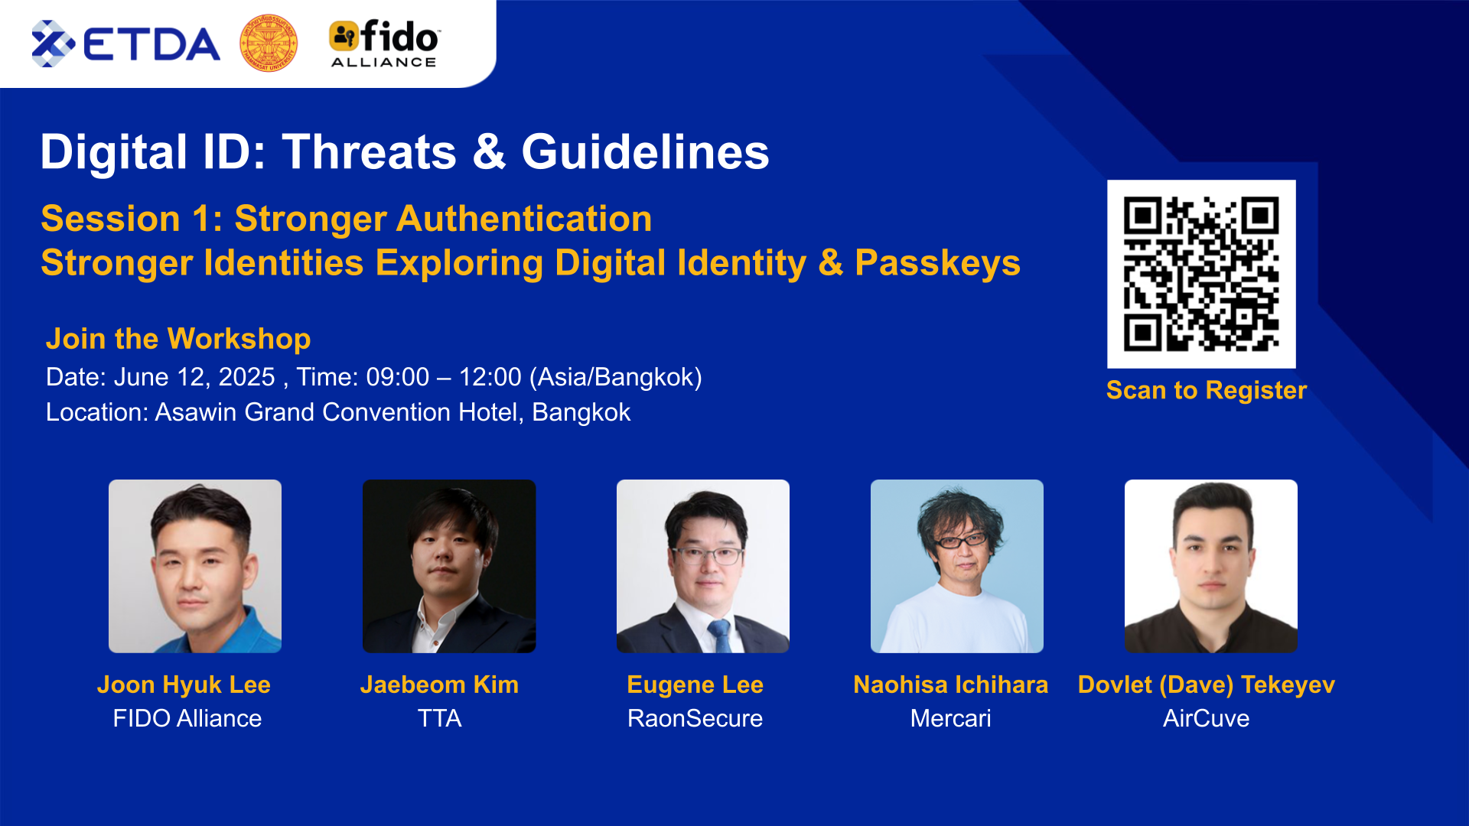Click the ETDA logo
(125, 44)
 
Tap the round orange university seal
(269, 43)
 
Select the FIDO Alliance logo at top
(384, 44)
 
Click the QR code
(1201, 274)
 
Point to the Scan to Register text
(1207, 390)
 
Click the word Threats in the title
(370, 151)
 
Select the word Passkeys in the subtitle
(937, 263)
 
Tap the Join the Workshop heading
(178, 338)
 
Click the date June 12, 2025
(194, 377)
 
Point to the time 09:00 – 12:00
(444, 377)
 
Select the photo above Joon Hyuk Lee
(195, 566)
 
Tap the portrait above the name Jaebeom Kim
(449, 566)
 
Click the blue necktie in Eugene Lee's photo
(719, 636)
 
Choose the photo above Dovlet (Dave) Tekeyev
(1211, 566)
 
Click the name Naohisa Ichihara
(951, 685)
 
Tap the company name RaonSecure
(695, 718)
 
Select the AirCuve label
(1207, 718)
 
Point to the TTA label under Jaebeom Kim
(440, 718)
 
